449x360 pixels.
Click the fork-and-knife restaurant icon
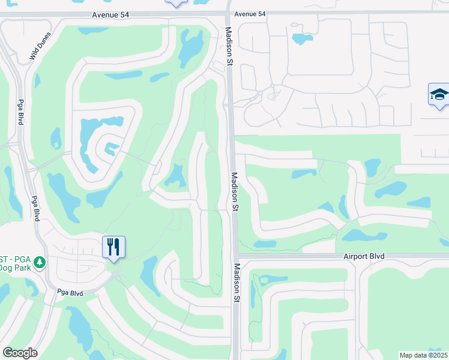(x=113, y=247)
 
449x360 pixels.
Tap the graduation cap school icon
(x=438, y=95)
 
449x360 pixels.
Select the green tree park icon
(x=40, y=262)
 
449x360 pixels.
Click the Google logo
(x=20, y=353)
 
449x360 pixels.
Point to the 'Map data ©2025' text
(x=424, y=355)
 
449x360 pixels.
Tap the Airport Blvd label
(x=364, y=256)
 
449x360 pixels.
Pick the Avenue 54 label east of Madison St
(x=250, y=14)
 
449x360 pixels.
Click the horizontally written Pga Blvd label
(x=70, y=292)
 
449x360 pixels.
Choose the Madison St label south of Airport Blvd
(x=237, y=282)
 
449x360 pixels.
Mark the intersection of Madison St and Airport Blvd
(x=235, y=256)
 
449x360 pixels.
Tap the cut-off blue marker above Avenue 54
(x=176, y=3)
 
